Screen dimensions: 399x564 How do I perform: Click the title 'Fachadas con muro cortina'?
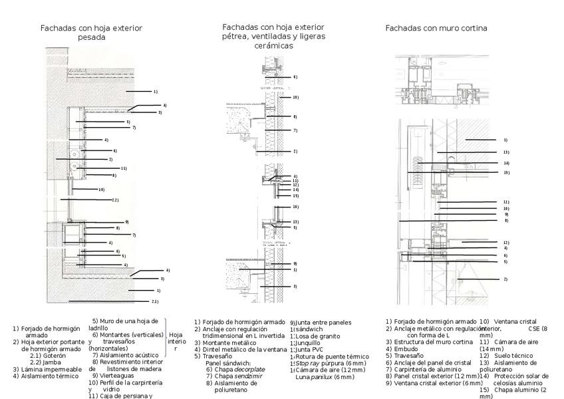[436, 29]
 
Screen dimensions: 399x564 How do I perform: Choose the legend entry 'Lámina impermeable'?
[51, 369]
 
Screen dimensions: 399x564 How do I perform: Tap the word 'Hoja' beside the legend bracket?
[176, 335]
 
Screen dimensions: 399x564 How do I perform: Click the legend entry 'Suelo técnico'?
[513, 356]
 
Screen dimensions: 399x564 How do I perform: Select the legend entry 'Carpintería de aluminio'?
[430, 369]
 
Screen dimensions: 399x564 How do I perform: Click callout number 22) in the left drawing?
[115, 200]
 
